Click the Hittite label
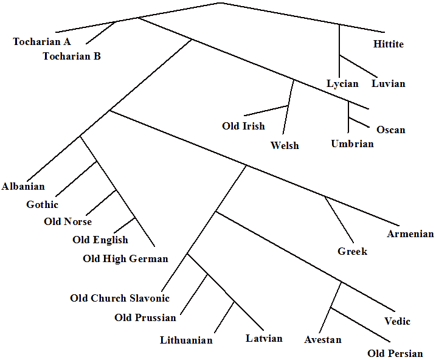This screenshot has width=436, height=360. (x=388, y=44)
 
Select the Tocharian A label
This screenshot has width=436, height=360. (x=42, y=42)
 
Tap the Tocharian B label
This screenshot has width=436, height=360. (x=72, y=57)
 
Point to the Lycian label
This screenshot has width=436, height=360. (x=342, y=84)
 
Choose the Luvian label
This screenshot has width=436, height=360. (x=388, y=84)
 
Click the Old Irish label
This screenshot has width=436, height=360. (x=243, y=126)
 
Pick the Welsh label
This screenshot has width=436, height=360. (x=285, y=146)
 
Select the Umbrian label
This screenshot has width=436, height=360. (x=352, y=144)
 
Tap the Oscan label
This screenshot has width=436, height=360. (x=390, y=130)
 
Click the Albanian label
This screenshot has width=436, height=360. (x=23, y=187)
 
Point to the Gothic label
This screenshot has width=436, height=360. (x=42, y=205)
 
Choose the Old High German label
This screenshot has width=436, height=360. (x=125, y=259)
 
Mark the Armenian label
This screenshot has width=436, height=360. (x=410, y=234)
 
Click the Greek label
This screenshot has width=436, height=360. (x=352, y=251)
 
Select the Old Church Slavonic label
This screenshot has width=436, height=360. (x=120, y=299)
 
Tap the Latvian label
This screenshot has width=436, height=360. (x=264, y=338)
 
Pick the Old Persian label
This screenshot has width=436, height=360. (x=395, y=354)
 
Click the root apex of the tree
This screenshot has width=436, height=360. (x=220, y=3)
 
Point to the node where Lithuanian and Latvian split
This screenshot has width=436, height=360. (x=234, y=301)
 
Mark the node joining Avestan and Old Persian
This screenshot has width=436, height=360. (x=331, y=308)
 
